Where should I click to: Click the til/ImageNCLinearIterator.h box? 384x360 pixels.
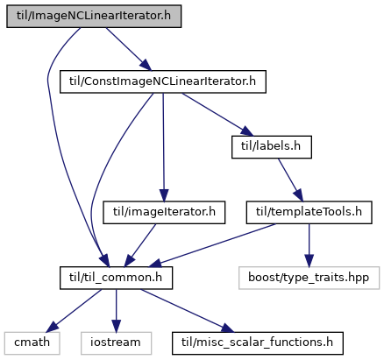point(94,17)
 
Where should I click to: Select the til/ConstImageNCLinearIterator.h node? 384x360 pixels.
point(163,81)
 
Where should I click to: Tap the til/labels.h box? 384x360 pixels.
point(272,147)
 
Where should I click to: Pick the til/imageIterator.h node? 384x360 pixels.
point(164,213)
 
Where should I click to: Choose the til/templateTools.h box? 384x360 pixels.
point(309,213)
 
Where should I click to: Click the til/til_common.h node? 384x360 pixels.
point(116,278)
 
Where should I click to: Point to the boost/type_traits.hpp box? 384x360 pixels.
point(309,278)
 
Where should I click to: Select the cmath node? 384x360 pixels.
point(32,343)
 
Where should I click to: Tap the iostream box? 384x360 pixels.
point(116,343)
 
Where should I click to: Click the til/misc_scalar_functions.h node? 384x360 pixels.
point(258,343)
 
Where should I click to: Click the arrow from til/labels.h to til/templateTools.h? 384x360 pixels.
point(290,180)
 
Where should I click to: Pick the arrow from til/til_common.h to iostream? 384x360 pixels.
point(116,311)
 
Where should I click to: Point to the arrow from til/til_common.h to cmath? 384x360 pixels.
point(74,311)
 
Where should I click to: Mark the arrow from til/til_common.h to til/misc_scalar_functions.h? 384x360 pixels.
point(188,311)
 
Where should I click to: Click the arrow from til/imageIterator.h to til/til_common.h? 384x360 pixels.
point(140,245)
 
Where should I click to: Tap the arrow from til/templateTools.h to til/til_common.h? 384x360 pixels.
point(212,245)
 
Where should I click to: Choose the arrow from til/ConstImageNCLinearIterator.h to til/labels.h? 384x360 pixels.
point(217,115)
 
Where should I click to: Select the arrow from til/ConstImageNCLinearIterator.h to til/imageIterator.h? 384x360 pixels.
point(163,147)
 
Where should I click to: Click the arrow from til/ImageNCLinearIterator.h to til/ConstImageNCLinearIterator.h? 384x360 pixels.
point(129,49)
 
